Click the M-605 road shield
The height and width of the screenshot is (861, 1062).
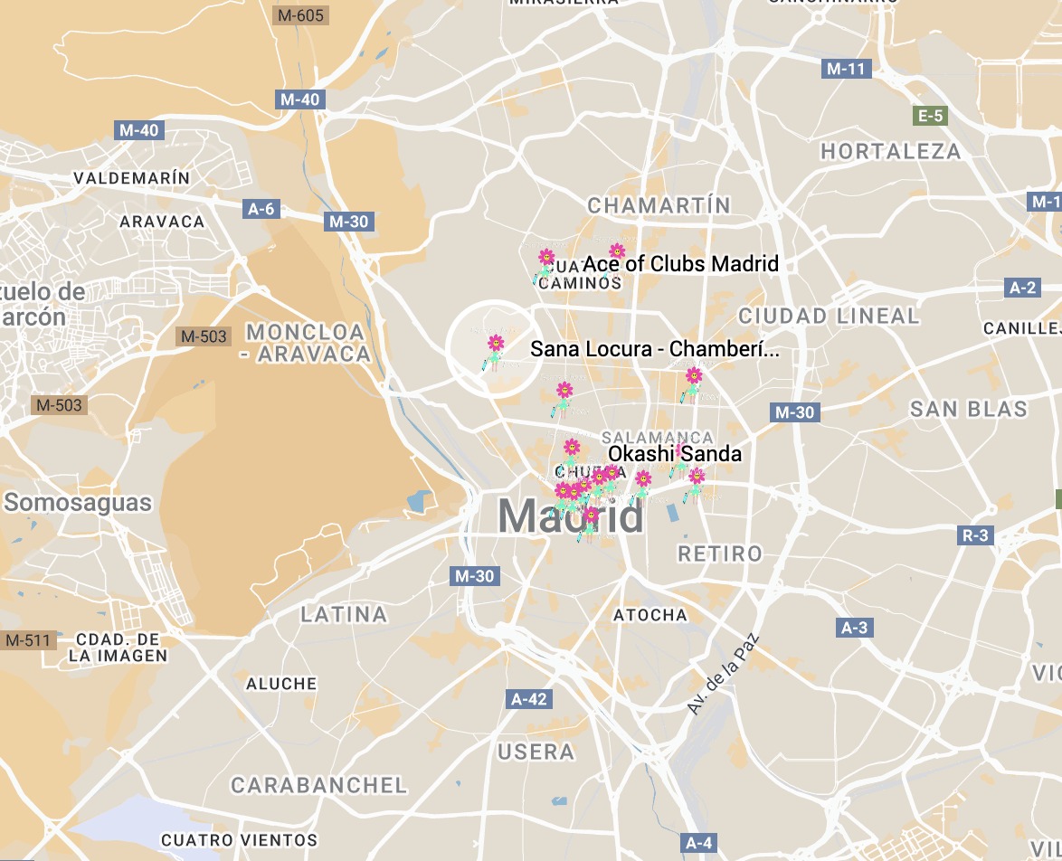click(301, 14)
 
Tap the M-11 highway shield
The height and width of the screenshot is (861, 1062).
click(846, 69)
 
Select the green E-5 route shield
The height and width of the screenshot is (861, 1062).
click(931, 116)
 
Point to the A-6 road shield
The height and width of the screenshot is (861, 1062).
click(261, 209)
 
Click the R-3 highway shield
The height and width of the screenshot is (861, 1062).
click(975, 535)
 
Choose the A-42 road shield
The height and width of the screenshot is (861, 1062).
click(529, 699)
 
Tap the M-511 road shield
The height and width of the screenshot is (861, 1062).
click(28, 640)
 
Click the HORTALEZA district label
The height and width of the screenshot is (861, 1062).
click(890, 152)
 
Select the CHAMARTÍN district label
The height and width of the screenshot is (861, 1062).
click(659, 206)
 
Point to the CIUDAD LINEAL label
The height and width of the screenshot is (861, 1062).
click(829, 316)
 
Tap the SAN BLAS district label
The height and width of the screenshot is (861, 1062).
click(968, 410)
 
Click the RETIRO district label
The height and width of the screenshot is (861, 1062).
click(720, 553)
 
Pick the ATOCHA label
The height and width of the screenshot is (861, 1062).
click(650, 615)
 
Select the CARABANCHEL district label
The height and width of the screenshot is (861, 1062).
click(318, 785)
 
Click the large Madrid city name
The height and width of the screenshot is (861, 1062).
click(571, 516)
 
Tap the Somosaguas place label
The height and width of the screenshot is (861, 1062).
click(78, 503)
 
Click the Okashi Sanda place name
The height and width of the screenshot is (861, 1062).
click(675, 454)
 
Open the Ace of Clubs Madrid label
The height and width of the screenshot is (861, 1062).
click(680, 264)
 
